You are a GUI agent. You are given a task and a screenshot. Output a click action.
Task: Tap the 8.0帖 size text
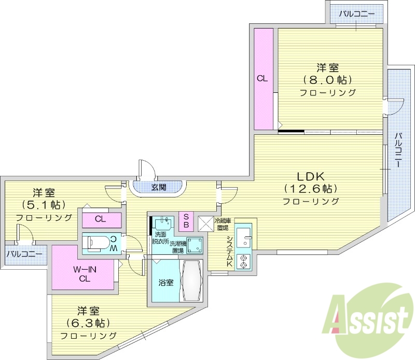(328, 80)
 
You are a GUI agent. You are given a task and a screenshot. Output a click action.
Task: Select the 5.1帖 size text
(44, 204)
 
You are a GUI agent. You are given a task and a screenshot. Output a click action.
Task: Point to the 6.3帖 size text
(88, 323)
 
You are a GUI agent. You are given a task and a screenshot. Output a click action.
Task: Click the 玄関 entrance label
(158, 187)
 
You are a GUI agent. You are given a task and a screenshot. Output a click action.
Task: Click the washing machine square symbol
(195, 245)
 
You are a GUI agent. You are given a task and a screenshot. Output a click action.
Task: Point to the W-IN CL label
(82, 274)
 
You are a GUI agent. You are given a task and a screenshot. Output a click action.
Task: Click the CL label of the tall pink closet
(262, 79)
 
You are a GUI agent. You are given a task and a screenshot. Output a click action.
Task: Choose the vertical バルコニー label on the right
(398, 150)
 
